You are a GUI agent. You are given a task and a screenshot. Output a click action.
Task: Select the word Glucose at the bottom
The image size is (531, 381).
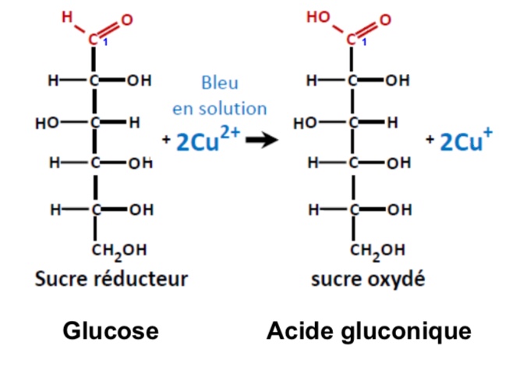point(111,332)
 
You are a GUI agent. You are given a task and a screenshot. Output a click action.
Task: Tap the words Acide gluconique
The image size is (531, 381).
point(369,332)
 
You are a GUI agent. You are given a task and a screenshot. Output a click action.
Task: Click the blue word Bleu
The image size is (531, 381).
point(220,83)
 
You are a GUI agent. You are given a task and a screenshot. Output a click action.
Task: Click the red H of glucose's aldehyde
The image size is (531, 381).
point(69,16)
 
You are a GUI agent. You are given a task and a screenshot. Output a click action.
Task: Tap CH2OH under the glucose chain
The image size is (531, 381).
point(119,251)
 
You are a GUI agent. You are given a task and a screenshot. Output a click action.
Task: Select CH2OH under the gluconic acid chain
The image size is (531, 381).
point(377,251)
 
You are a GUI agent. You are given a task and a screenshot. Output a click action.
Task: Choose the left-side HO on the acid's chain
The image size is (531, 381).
point(304,123)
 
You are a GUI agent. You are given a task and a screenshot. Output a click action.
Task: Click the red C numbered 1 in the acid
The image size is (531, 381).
point(351,38)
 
